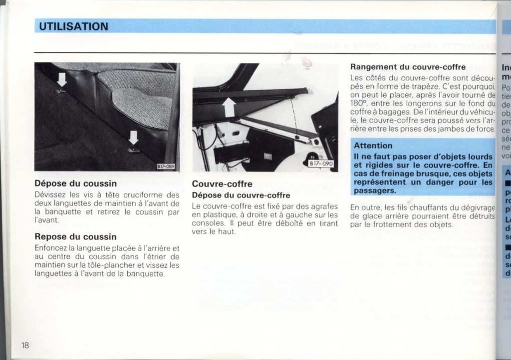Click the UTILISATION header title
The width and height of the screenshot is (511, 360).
point(74,26)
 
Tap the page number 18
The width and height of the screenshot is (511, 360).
point(26,345)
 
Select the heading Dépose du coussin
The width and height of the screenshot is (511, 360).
point(76,183)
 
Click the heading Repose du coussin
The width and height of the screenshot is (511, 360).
point(76,236)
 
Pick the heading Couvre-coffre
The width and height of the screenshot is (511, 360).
point(222,184)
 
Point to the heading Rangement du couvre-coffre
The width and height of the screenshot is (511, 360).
point(408,67)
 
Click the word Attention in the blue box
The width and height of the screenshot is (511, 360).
point(373,146)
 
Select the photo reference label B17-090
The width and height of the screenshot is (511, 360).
point(321,164)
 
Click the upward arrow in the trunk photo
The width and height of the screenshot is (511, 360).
point(230,106)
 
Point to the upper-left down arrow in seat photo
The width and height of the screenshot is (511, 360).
point(61,79)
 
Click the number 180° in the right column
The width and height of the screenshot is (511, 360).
point(359,104)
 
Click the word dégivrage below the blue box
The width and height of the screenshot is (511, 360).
point(474,207)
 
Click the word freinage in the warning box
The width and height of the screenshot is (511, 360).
point(395,174)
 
